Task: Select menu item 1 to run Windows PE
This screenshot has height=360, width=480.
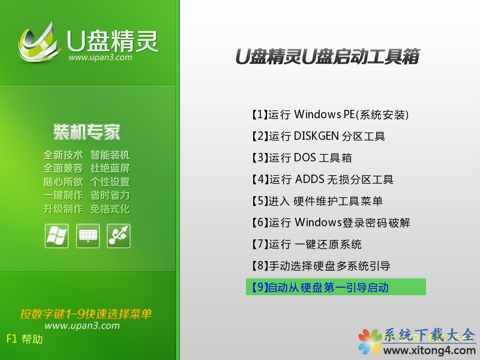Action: (x=330, y=115)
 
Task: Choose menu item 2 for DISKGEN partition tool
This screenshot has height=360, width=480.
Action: (x=318, y=136)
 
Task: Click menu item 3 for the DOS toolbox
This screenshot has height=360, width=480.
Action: (x=302, y=158)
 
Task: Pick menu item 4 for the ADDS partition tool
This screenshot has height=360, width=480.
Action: (x=322, y=179)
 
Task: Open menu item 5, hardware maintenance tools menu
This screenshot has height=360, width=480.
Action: (x=317, y=201)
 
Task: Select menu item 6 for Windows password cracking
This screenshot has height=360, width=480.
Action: (x=331, y=223)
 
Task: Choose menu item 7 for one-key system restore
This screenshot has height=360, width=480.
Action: (x=307, y=244)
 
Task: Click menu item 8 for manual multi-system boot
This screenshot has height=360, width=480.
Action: (x=321, y=266)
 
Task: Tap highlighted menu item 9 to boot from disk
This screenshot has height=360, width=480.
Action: (x=336, y=287)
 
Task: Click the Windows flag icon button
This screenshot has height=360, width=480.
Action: (x=56, y=236)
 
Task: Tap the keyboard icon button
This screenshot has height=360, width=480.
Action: (x=88, y=236)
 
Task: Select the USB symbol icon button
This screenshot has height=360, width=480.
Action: (x=119, y=236)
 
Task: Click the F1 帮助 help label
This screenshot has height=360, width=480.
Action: (x=25, y=339)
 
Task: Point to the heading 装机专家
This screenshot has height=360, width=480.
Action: (x=87, y=132)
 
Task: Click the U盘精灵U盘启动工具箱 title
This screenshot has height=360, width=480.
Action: (x=328, y=56)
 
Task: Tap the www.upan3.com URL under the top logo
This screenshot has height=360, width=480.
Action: (x=100, y=57)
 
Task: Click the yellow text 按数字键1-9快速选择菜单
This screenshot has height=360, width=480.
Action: (x=86, y=314)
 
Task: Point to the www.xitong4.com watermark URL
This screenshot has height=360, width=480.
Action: (x=429, y=350)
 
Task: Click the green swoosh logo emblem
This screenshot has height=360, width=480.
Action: (x=38, y=43)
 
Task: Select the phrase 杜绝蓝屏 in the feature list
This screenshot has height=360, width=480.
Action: (x=110, y=169)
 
